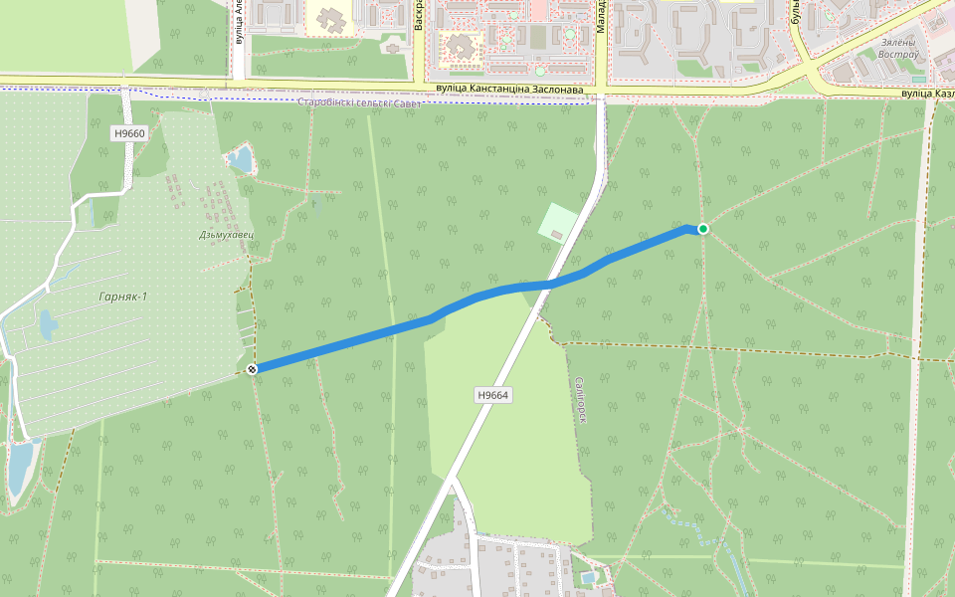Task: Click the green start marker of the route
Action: pyautogui.click(x=703, y=229)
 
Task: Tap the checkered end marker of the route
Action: pyautogui.click(x=253, y=370)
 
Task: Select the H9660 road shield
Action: pyautogui.click(x=129, y=133)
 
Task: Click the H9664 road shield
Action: pyautogui.click(x=493, y=395)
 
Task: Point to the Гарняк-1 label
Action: pyautogui.click(x=123, y=297)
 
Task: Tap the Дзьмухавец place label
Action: pyautogui.click(x=226, y=235)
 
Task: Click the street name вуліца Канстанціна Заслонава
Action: pyautogui.click(x=509, y=90)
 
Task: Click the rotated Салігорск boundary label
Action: pyautogui.click(x=579, y=400)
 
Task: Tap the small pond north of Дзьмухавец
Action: pyautogui.click(x=240, y=158)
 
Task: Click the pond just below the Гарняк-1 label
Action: pyautogui.click(x=47, y=324)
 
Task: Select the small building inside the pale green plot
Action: pyautogui.click(x=556, y=235)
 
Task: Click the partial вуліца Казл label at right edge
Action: pyautogui.click(x=927, y=94)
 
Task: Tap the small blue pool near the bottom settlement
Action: pyautogui.click(x=588, y=577)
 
